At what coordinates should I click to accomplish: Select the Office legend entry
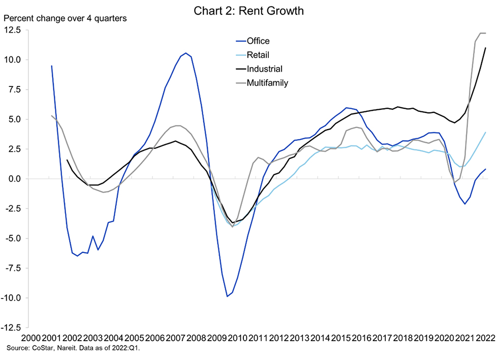258,41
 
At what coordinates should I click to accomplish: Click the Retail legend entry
258,55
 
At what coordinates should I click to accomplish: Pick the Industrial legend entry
264,69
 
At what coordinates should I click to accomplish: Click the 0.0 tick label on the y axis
15,179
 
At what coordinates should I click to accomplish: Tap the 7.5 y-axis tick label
15,89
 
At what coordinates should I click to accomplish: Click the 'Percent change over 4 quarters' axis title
66,19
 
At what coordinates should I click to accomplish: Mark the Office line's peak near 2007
185,53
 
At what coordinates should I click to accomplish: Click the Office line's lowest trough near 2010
227,296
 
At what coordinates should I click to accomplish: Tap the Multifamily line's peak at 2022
481,33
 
